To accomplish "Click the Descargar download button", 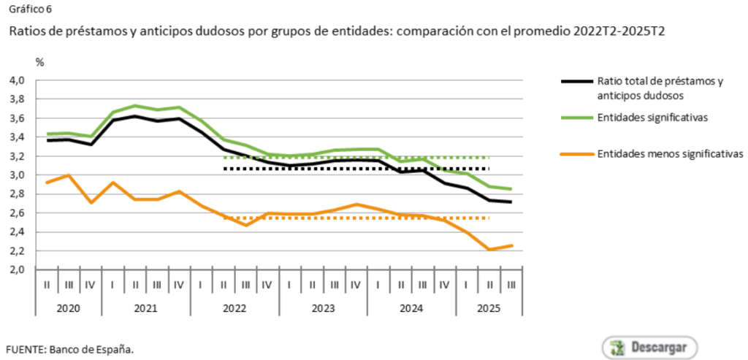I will (x=649, y=346).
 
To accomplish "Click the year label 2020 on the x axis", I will (x=69, y=308).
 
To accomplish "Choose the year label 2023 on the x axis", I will (x=323, y=308).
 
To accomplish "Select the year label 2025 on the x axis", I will (x=489, y=308).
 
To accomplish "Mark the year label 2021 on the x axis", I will (x=146, y=308).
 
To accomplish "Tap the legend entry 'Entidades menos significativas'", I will (x=669, y=154).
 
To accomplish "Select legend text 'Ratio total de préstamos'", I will (x=660, y=81).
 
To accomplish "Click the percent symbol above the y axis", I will (x=40, y=61).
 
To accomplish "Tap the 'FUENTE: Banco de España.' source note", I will (x=70, y=348).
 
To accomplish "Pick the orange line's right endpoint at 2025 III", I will (x=511, y=245).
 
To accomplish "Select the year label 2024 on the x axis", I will (x=411, y=308).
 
